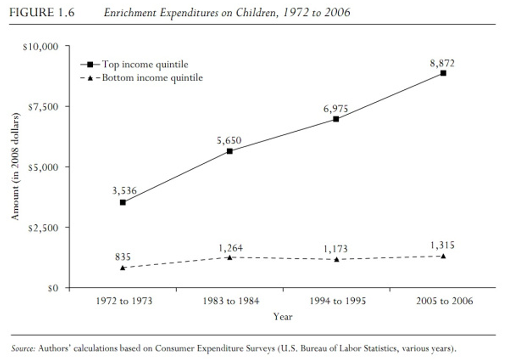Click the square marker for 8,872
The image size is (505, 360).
[x=443, y=73]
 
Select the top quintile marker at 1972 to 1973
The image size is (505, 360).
[x=123, y=202]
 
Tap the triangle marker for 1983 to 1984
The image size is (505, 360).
[x=229, y=257]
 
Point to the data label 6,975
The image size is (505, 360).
[x=336, y=109]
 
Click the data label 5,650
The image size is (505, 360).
[x=229, y=141]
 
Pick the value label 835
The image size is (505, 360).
[x=122, y=257]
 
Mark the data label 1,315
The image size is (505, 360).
[x=442, y=245]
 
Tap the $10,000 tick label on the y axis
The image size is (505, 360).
[x=41, y=47]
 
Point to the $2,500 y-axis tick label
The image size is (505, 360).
[x=43, y=227]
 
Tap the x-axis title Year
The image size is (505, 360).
[x=283, y=316]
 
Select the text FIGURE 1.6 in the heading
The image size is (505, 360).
[x=42, y=12]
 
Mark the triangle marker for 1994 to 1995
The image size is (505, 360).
[x=336, y=259]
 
